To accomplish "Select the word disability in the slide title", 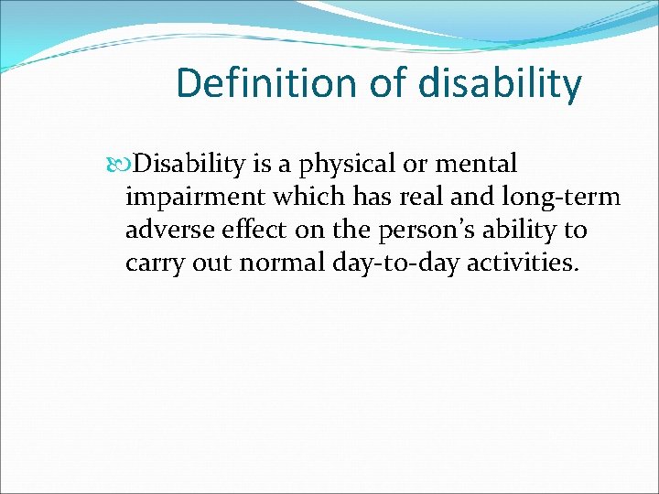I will (499, 83).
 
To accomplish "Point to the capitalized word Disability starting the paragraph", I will (189, 165).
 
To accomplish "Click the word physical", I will (346, 165).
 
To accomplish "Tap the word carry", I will (152, 263).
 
